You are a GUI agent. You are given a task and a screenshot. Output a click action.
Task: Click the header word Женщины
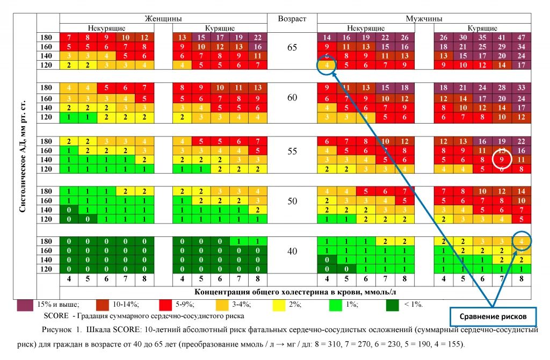click(163, 18)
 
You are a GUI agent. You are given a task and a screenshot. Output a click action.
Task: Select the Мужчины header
click(424, 18)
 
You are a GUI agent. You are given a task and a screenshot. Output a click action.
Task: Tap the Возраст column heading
click(292, 18)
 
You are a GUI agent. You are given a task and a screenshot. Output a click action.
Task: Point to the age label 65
click(292, 47)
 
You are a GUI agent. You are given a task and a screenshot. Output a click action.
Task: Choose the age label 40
click(292, 250)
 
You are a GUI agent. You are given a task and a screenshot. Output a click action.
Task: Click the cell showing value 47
click(520, 38)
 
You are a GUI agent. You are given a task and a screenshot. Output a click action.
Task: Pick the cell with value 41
click(502, 38)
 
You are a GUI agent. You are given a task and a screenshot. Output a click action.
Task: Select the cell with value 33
click(520, 88)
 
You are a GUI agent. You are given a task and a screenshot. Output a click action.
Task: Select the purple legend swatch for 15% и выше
click(25, 305)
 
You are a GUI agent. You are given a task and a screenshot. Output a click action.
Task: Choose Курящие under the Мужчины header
click(482, 28)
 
